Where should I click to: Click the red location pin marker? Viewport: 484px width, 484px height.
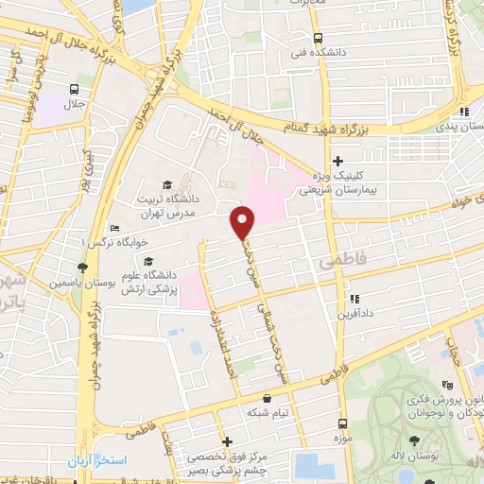(x=243, y=223)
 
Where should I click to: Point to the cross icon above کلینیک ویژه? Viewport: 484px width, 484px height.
(x=337, y=162)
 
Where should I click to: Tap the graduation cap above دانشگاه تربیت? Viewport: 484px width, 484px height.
(x=167, y=183)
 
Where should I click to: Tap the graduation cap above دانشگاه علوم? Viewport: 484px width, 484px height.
(x=147, y=261)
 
